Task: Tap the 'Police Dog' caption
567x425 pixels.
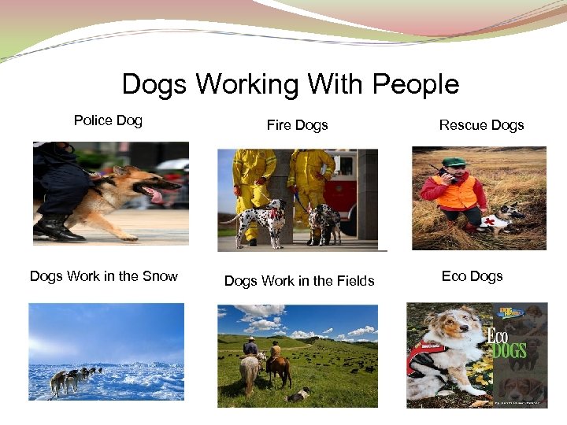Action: coord(108,120)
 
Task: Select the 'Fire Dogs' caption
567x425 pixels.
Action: coord(297,125)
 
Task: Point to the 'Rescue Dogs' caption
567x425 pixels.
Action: coord(481,125)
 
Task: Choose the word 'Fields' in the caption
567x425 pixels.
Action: coord(353,281)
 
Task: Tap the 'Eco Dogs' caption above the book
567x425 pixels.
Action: coord(472,276)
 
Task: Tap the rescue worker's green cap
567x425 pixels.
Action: coord(454,162)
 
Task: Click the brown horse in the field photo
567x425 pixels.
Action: coord(278,366)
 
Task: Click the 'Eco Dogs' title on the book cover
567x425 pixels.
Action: coord(508,340)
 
